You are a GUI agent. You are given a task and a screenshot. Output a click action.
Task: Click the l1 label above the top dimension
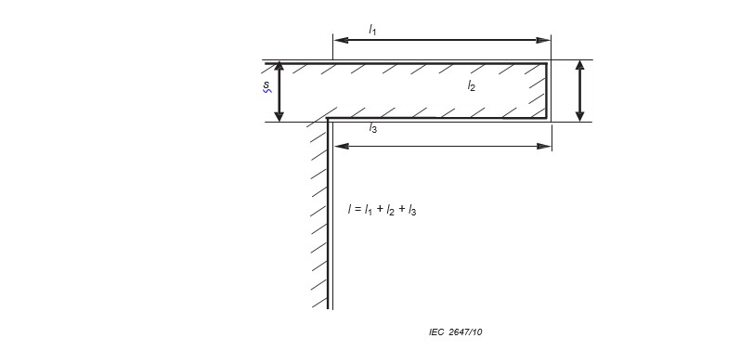pos(372,31)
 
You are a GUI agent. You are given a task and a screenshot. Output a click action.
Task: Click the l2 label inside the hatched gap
pos(471,85)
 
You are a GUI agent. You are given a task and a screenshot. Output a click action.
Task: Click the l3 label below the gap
pos(373,128)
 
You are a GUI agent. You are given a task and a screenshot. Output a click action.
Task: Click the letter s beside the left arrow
pos(266,84)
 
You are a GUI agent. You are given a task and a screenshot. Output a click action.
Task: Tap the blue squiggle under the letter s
pos(267,90)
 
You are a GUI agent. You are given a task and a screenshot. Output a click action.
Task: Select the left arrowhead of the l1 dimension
pos(341,40)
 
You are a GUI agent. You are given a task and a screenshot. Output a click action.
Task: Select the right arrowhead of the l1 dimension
pos(543,40)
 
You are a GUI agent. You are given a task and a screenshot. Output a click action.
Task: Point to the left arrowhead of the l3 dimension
pos(342,147)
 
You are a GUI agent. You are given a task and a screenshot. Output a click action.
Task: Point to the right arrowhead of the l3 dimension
pos(544,147)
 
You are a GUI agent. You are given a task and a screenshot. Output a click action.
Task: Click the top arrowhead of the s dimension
pos(279,68)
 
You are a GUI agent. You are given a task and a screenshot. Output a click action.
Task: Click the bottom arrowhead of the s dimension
pos(279,115)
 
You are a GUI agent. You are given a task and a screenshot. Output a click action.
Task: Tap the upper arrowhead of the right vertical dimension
pos(580,67)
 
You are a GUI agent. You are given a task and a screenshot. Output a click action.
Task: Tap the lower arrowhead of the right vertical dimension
pos(580,115)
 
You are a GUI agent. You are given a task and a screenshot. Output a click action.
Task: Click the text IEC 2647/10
pos(456,331)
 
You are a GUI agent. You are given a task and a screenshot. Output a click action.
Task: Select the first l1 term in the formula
pos(369,210)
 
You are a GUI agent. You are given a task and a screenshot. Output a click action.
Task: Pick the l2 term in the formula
pos(390,210)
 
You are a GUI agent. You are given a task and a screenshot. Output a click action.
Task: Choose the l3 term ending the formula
pos(412,210)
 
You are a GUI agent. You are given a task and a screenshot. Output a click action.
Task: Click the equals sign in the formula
pos(357,210)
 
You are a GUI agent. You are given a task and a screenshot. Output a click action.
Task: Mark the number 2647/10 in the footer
pos(465,331)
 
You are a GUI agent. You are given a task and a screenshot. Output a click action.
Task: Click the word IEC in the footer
pos(436,331)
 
